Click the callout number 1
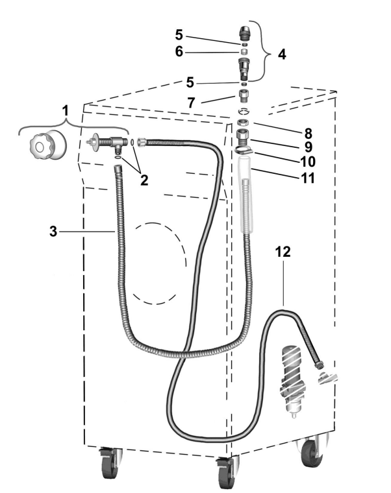[65, 111]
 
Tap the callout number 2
[144, 180]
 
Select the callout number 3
[53, 232]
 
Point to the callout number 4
[282, 54]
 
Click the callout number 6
[179, 51]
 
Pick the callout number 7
[191, 102]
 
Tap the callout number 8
[308, 134]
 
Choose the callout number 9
[309, 147]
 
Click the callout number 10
[308, 162]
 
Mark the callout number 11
[308, 178]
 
